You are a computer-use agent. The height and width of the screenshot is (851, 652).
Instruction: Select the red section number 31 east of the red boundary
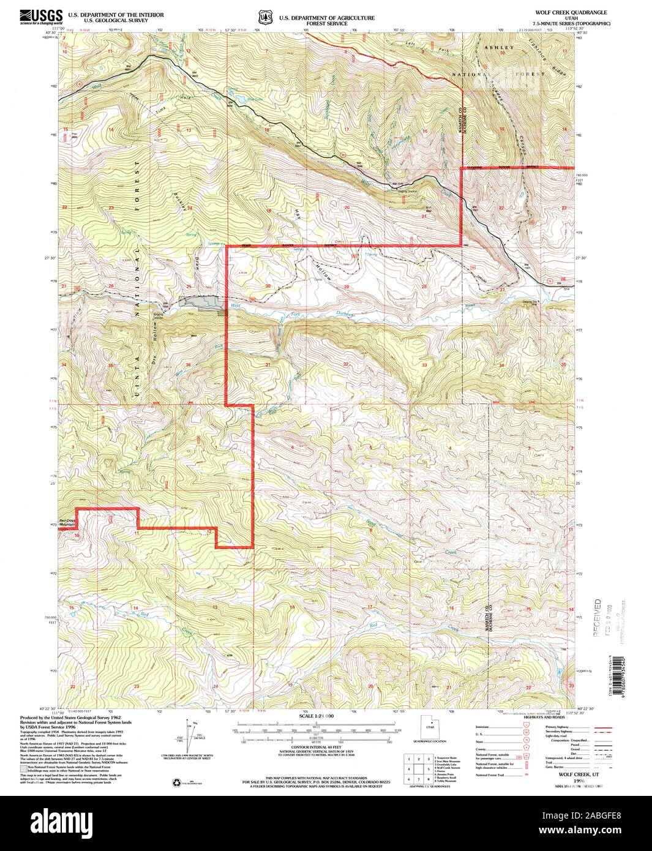pos(268,365)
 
